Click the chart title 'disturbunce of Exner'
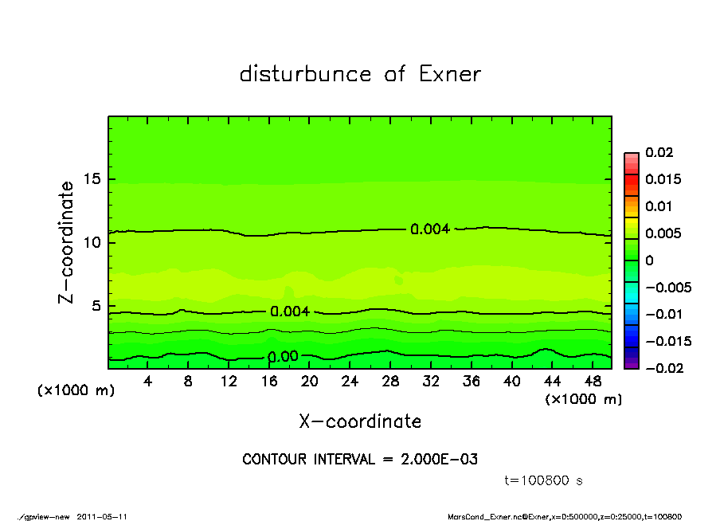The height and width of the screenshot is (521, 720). point(360,74)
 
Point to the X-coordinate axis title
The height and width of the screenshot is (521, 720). point(360,421)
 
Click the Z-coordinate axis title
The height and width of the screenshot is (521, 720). point(67,241)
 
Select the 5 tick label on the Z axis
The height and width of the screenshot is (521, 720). point(95,306)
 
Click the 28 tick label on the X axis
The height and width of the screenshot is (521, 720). point(390,381)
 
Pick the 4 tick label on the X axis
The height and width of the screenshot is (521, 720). point(148,381)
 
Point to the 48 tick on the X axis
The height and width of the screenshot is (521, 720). point(592,381)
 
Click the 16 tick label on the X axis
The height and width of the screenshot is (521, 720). point(269,381)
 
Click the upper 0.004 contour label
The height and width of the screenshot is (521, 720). point(430,229)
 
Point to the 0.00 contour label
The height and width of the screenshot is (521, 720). point(283,357)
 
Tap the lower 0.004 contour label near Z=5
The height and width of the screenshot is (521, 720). point(290,311)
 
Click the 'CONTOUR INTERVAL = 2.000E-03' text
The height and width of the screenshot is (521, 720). point(360,460)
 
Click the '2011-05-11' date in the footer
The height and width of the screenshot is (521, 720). point(102,516)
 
